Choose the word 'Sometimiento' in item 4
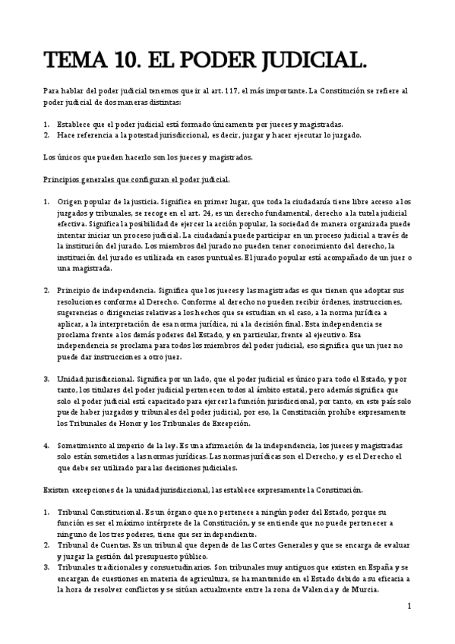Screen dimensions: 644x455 pos(84,445)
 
